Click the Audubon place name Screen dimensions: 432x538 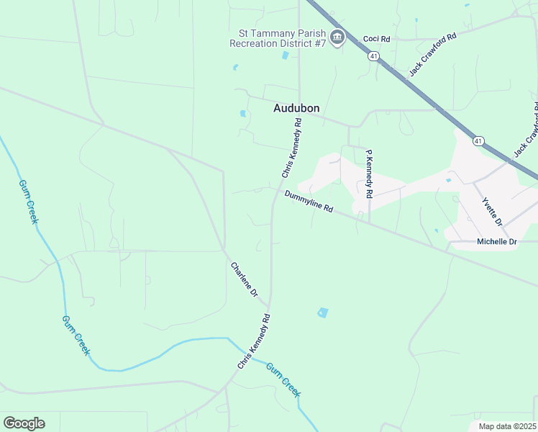tap(296, 109)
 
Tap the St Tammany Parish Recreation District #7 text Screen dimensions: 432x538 tap(278, 38)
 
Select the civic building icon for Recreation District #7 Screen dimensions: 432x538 tap(337, 37)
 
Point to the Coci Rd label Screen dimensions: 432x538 tap(376, 39)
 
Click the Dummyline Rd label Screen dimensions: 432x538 tap(309, 201)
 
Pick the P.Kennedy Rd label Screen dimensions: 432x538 tap(368, 174)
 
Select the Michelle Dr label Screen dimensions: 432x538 tap(497, 242)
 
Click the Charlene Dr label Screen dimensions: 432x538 tap(244, 279)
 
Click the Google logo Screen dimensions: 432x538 tap(24, 423)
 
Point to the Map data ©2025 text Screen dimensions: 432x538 tap(507, 426)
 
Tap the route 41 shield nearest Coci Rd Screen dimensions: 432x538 tap(373, 55)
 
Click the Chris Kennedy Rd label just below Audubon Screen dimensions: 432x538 tap(291, 148)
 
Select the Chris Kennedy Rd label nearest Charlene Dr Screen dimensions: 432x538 tap(254, 342)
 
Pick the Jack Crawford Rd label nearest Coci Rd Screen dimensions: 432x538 tap(433, 55)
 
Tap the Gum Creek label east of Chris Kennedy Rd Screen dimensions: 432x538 tap(283, 379)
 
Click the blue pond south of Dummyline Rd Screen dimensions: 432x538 tap(323, 312)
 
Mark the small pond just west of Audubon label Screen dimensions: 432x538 tap(242, 113)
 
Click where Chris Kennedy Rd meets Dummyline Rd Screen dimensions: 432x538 tap(275, 191)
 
